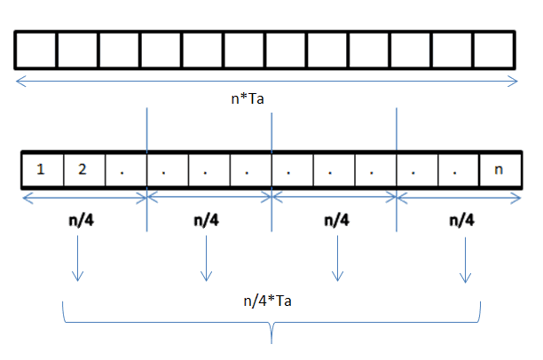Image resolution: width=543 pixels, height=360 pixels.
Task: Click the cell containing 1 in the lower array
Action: (x=42, y=169)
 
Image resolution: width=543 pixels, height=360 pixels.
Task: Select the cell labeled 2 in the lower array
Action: (x=83, y=169)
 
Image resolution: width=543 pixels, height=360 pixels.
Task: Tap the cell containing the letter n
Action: (x=499, y=169)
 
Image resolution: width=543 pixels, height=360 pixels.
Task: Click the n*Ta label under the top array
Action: (x=247, y=100)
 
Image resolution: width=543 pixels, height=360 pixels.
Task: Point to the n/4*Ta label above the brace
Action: (x=267, y=301)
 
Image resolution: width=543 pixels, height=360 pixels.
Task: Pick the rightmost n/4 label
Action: (x=461, y=221)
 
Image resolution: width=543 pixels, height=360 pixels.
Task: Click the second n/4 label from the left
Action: (x=206, y=221)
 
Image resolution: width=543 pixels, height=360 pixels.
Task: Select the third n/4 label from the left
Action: (x=336, y=221)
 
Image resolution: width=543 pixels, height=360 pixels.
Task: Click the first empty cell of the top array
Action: (x=35, y=50)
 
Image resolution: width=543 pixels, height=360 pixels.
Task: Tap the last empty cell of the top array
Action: (x=493, y=50)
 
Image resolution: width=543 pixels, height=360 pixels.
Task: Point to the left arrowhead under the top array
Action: (x=20, y=82)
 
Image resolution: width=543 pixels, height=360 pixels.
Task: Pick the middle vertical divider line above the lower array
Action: (x=271, y=129)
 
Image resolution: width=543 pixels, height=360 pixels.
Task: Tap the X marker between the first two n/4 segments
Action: (x=146, y=196)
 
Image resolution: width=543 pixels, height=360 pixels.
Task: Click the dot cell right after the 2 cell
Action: (x=125, y=169)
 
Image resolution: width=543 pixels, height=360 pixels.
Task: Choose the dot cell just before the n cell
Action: (x=457, y=169)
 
